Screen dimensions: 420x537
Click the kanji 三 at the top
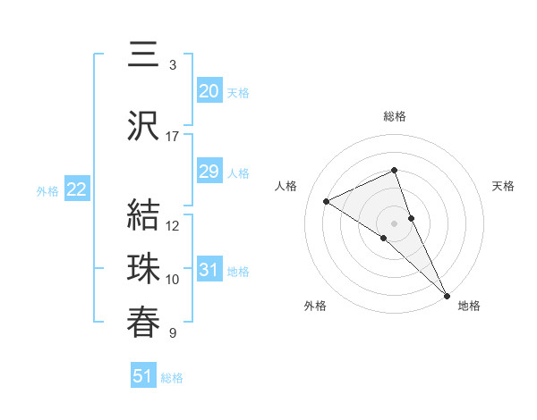(143, 55)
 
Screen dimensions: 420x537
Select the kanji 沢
(143, 126)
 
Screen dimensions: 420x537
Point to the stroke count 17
(173, 137)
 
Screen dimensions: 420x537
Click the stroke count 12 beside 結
(173, 226)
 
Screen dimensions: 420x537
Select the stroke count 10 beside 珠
(173, 280)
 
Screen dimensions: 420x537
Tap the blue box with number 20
(209, 91)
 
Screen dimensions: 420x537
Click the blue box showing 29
(209, 172)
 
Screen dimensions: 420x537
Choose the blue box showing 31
(209, 270)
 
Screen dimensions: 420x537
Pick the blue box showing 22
(76, 189)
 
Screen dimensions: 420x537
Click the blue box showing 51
(143, 376)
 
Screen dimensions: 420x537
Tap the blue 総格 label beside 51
(172, 378)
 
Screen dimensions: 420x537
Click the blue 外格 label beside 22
(47, 190)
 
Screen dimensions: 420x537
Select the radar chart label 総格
(395, 116)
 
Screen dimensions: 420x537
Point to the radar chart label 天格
(504, 186)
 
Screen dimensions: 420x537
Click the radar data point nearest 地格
(447, 294)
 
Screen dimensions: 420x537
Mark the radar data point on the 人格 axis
(327, 201)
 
